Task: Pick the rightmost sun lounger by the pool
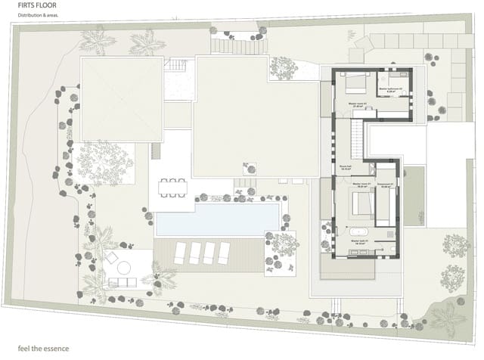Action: click(x=223, y=253)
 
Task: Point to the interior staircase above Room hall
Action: click(x=354, y=139)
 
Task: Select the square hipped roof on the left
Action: click(x=122, y=99)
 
